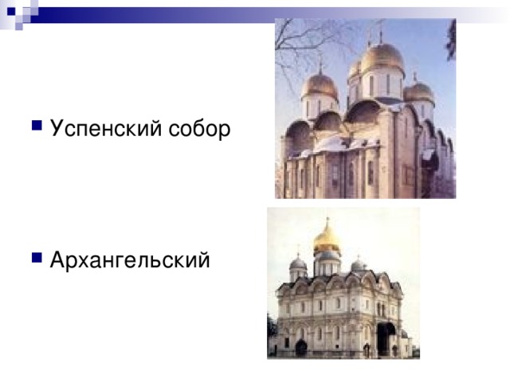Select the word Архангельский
click(130, 259)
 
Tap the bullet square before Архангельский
click(37, 257)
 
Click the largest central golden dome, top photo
click(382, 57)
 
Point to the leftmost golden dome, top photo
click(321, 84)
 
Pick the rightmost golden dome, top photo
click(418, 90)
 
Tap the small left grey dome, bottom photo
click(298, 263)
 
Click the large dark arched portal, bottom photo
click(385, 337)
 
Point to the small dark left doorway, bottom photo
click(301, 347)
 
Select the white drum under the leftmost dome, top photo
click(320, 106)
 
